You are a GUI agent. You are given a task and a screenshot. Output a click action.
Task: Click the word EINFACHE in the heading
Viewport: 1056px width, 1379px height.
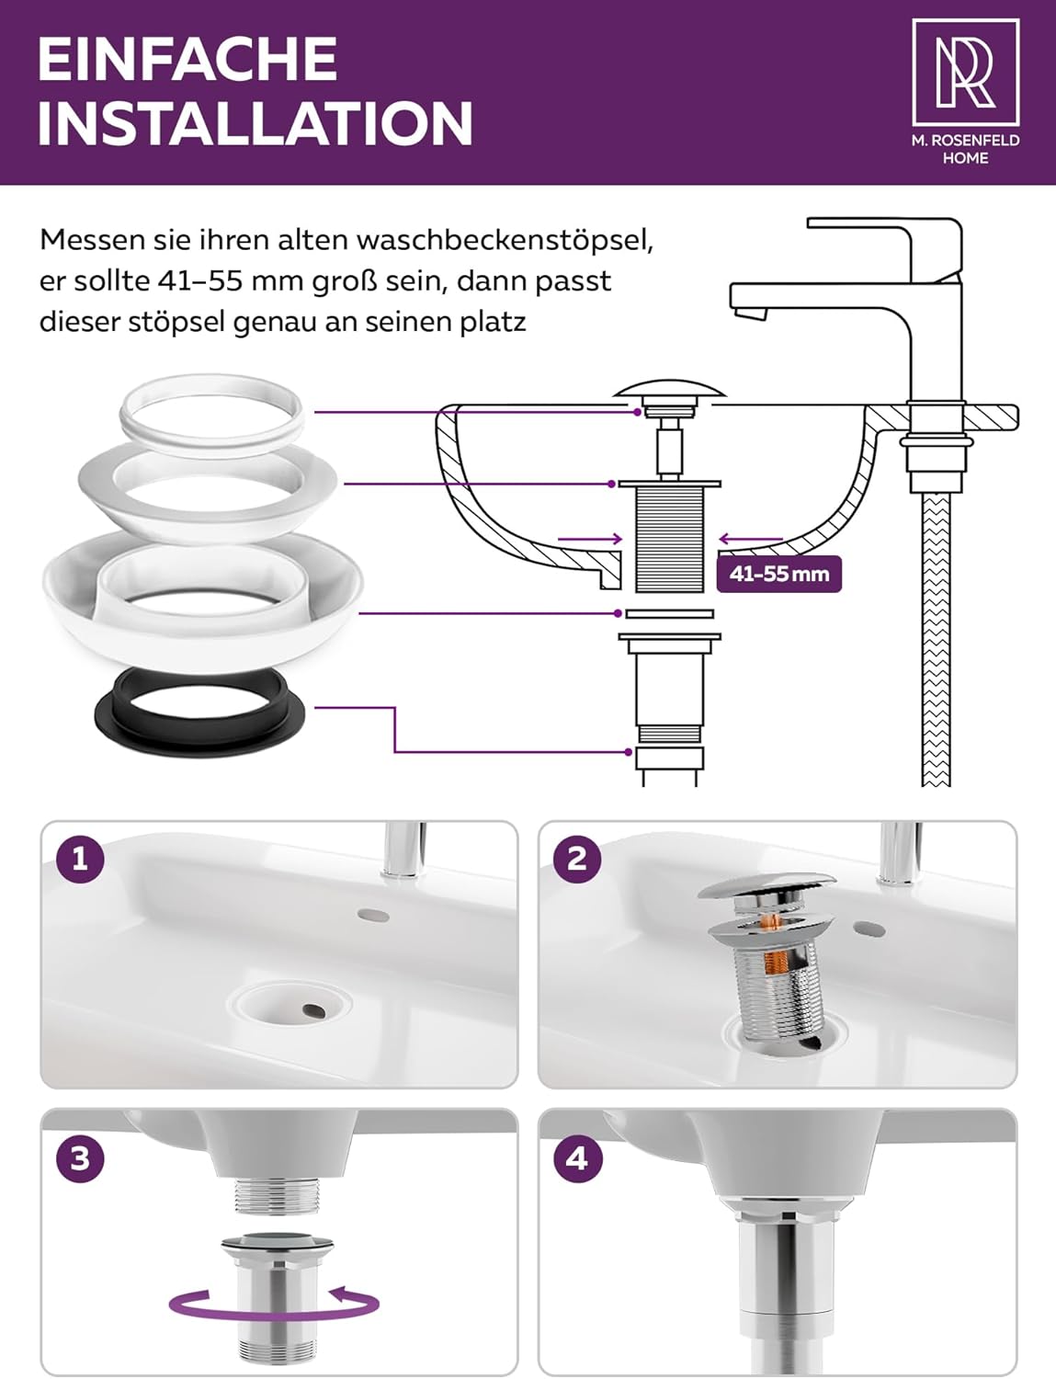[187, 59]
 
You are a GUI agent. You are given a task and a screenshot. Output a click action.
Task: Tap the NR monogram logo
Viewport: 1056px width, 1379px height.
[965, 72]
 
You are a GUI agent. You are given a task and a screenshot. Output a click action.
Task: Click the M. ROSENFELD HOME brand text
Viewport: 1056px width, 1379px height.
[965, 149]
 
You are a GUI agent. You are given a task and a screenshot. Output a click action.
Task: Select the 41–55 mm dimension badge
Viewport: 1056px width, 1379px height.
[778, 575]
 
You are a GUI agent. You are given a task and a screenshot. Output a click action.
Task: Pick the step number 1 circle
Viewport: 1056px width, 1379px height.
[80, 860]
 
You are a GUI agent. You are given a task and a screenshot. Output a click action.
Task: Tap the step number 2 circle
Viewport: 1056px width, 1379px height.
[577, 860]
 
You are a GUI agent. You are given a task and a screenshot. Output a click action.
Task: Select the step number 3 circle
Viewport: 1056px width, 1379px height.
[80, 1158]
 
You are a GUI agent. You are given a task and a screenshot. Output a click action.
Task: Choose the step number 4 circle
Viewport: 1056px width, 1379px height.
[577, 1158]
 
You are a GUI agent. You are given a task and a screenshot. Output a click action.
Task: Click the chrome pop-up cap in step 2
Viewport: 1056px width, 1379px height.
[766, 885]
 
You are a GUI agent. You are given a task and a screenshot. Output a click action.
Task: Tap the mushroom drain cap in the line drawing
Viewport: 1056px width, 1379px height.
[670, 388]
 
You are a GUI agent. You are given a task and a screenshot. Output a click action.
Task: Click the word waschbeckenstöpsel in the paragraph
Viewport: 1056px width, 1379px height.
[505, 240]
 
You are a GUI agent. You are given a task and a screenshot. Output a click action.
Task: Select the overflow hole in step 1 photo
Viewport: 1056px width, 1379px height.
[373, 915]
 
